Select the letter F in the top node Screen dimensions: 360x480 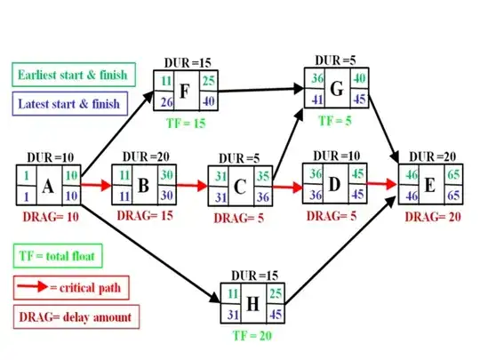tap(185, 92)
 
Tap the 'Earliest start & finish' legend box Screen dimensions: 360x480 tap(72, 74)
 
